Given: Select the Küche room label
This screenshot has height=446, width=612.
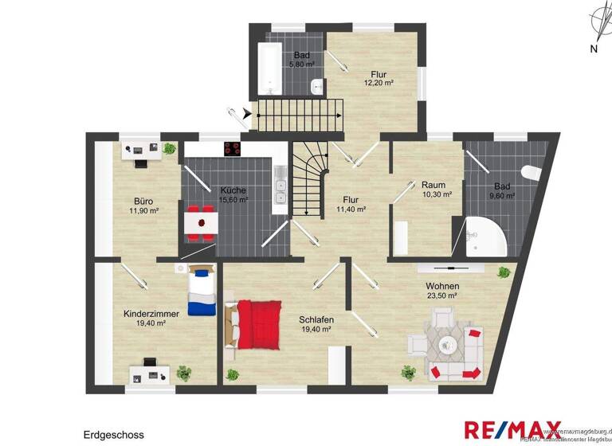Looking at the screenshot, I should [x=233, y=190].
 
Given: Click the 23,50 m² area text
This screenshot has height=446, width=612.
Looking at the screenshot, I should [x=441, y=295].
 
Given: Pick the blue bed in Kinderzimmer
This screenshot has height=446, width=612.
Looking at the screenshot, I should [x=202, y=292].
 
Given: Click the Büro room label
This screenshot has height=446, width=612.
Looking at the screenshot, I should [x=143, y=201].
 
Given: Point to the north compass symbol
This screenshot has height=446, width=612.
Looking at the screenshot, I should [x=594, y=27].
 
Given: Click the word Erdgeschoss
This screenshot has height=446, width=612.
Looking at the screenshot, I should [x=113, y=435].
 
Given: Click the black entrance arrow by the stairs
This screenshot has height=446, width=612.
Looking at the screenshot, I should [x=247, y=115].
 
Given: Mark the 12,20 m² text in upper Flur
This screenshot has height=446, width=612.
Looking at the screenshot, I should [x=379, y=82].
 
